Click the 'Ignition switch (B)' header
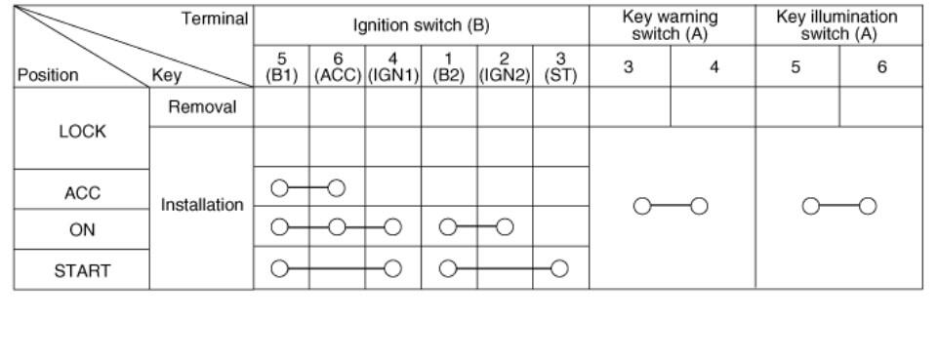tap(421, 25)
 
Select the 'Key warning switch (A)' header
tap(671, 25)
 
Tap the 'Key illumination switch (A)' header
tap(837, 25)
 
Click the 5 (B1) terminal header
tap(281, 67)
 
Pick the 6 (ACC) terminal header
tap(338, 67)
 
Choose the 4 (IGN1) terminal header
tap(392, 67)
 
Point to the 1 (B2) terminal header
tap(449, 67)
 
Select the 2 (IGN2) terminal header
tap(505, 67)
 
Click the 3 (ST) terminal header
tap(560, 67)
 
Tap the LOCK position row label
tap(82, 131)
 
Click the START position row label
tap(82, 271)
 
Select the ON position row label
tap(82, 229)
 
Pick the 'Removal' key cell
tap(202, 107)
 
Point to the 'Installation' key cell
tap(202, 205)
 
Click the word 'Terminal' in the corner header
tap(215, 19)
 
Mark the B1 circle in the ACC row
tap(279, 188)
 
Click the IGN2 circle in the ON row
tap(505, 227)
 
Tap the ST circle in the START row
tap(559, 268)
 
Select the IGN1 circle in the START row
tap(392, 268)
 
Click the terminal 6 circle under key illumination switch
tap(868, 206)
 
